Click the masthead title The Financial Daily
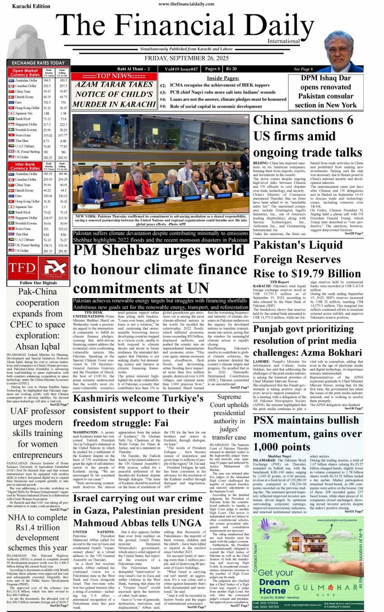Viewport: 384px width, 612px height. [x=185, y=26]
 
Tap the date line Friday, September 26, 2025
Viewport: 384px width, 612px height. [x=187, y=58]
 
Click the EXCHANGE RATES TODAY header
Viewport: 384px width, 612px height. [x=38, y=63]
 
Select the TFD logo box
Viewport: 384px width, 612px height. [x=22, y=268]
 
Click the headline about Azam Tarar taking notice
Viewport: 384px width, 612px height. [x=114, y=94]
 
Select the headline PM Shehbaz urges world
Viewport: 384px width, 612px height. [x=160, y=269]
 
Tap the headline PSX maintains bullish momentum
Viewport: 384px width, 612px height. [x=307, y=433]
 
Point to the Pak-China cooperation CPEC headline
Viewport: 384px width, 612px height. [x=38, y=319]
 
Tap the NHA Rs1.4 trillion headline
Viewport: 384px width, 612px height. [x=38, y=532]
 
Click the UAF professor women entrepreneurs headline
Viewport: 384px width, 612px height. [x=38, y=433]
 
